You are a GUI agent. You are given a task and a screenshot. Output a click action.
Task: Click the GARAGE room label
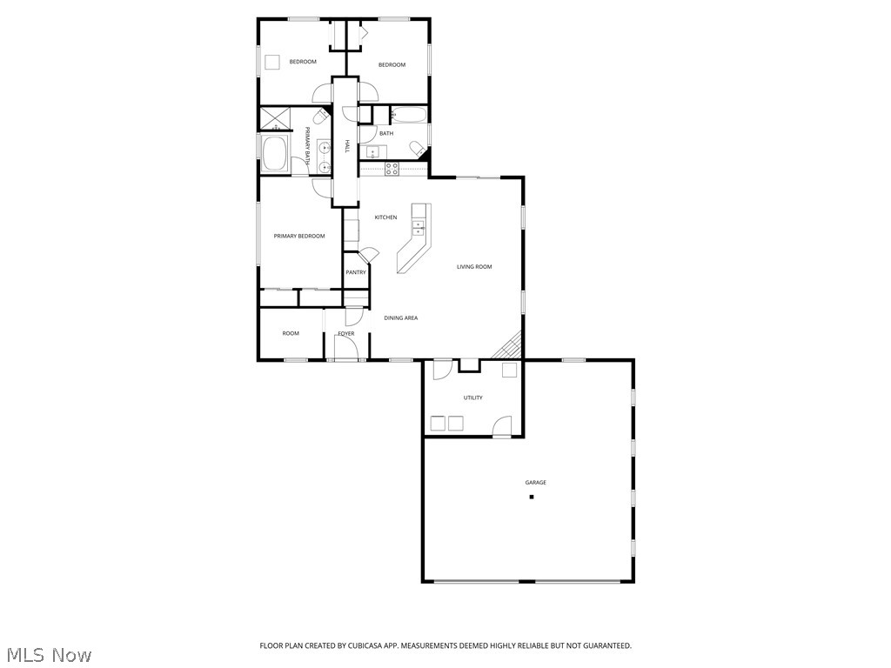[535, 483]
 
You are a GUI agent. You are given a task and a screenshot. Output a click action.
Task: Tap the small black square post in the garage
[531, 497]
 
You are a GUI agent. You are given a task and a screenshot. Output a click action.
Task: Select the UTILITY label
[472, 397]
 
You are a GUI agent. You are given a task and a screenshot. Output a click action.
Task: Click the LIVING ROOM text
[474, 267]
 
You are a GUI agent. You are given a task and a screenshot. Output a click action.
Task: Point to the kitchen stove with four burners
[392, 169]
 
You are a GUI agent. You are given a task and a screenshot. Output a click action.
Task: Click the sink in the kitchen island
[419, 228]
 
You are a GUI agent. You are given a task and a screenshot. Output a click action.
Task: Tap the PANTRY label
[356, 272]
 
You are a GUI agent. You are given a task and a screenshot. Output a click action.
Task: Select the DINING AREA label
[400, 318]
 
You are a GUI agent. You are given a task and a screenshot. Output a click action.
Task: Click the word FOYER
[346, 334]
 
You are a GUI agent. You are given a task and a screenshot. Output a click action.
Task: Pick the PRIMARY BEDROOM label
[299, 237]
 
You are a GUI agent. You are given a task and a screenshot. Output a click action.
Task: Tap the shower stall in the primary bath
[274, 118]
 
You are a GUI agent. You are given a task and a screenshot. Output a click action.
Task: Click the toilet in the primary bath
[320, 116]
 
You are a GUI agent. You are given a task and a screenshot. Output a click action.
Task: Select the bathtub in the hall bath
[408, 115]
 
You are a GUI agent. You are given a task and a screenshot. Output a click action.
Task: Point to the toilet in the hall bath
[419, 149]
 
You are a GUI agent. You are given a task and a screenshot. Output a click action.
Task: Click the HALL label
[346, 146]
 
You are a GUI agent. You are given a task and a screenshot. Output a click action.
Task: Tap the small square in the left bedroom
[272, 62]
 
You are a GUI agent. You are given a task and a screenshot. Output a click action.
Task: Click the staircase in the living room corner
[510, 347]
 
